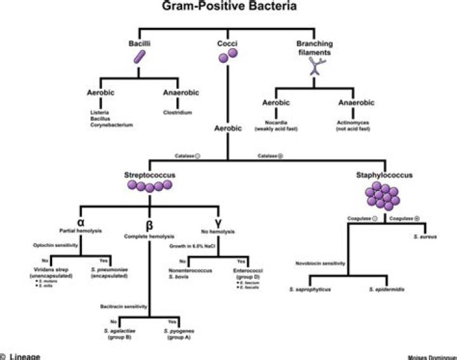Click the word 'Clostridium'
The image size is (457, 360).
(175, 113)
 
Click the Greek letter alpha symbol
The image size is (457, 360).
(80, 222)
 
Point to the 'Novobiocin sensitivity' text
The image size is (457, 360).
(321, 263)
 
